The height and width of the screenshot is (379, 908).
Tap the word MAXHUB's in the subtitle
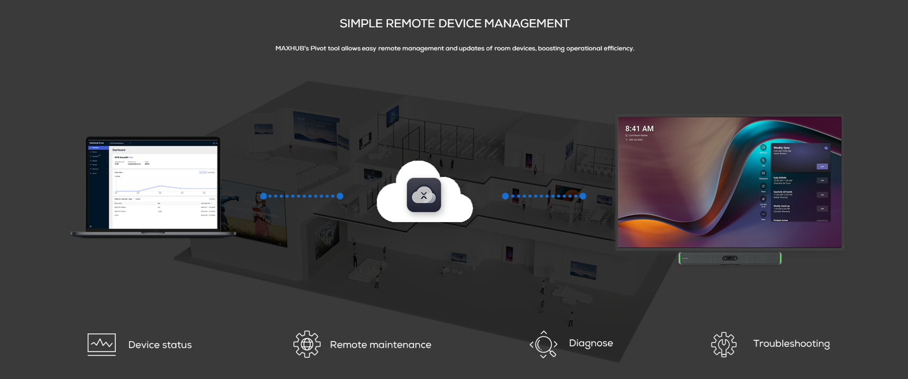click(x=291, y=48)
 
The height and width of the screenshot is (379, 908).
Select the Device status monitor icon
click(x=101, y=344)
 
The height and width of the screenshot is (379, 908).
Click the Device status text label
click(x=160, y=345)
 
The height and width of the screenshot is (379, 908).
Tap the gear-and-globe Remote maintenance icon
click(x=307, y=344)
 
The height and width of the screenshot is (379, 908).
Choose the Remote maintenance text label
click(x=380, y=345)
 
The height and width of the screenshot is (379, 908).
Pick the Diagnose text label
click(x=591, y=343)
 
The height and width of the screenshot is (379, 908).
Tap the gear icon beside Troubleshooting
click(x=723, y=344)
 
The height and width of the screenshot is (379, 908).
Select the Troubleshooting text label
click(x=791, y=343)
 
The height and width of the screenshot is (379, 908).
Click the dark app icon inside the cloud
click(x=424, y=195)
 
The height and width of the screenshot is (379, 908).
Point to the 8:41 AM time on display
click(x=639, y=129)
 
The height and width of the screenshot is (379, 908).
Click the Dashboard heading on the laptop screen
click(x=119, y=150)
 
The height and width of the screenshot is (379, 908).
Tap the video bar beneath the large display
click(x=729, y=258)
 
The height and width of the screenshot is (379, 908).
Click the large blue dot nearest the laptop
click(x=264, y=196)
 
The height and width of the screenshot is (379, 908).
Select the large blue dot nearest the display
click(x=582, y=196)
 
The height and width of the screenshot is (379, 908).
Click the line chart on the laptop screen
click(x=164, y=185)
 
